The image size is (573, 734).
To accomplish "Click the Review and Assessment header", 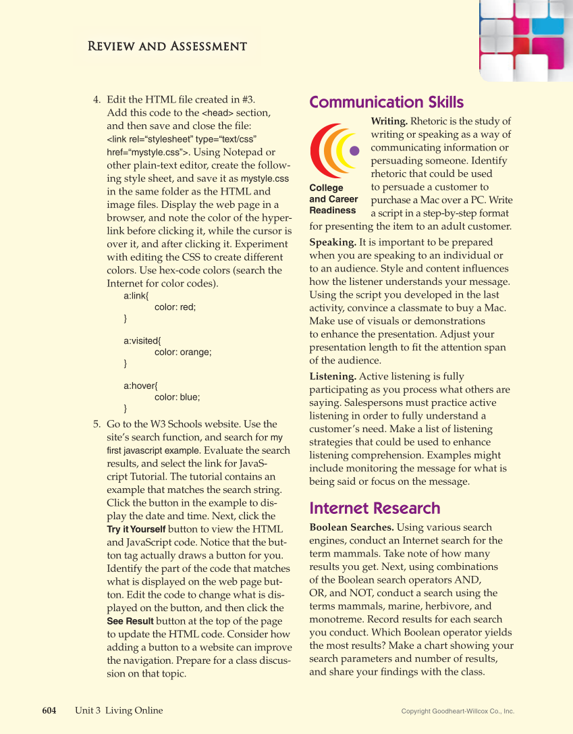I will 166,47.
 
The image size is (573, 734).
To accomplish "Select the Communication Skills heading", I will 386,103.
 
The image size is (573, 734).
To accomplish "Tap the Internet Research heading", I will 375,508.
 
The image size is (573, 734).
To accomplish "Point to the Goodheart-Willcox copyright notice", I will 458,711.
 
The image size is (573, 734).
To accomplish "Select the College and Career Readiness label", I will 333,199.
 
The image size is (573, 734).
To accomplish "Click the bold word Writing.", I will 389,122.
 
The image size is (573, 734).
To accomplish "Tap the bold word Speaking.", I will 333,242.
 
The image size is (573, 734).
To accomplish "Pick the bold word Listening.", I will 333,376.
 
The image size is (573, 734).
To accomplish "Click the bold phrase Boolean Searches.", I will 352,527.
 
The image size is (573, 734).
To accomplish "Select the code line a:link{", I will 136,296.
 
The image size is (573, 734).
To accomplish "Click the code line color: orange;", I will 183,352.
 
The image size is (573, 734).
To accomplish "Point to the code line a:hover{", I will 140,386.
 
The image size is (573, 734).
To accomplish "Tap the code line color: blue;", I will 178,397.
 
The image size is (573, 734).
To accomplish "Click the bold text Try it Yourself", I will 136,529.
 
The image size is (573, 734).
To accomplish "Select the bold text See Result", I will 130,621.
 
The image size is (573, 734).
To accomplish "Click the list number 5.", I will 97,425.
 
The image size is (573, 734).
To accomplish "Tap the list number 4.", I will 97,100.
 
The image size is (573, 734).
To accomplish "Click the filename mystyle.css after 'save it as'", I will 265,179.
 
